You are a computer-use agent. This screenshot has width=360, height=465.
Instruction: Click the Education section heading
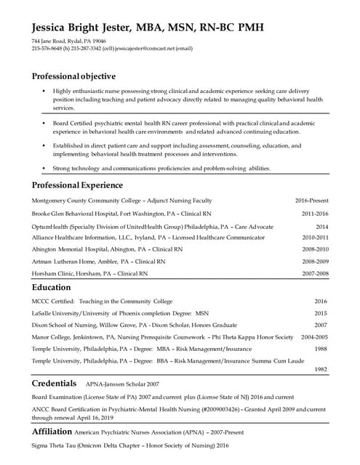coord(51,288)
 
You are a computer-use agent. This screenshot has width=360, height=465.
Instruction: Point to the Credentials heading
coord(55,382)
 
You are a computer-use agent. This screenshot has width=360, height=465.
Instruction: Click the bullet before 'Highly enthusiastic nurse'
coord(44,90)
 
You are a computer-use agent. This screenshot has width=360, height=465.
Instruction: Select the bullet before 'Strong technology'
coord(44,168)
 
